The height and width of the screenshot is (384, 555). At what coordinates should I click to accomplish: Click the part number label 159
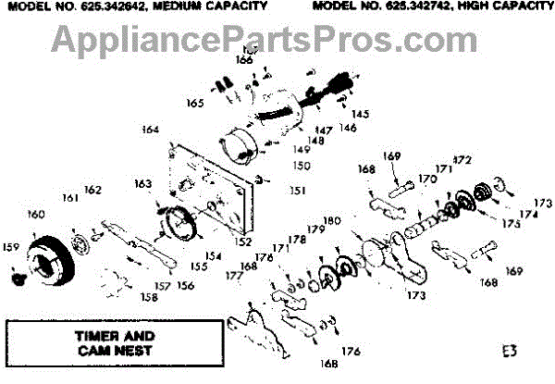point(11,247)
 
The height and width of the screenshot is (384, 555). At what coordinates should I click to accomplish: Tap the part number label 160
point(35,215)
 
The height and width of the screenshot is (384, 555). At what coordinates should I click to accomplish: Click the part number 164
point(151,130)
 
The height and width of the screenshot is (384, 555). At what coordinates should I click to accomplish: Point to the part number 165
point(194,102)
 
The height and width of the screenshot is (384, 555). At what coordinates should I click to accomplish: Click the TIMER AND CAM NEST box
point(115,342)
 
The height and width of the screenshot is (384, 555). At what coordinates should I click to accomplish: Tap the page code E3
point(511,352)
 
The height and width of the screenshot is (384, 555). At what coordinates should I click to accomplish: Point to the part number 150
point(301,166)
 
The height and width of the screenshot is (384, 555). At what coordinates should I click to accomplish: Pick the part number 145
point(360,114)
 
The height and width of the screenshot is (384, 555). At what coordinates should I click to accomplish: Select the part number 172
point(462,160)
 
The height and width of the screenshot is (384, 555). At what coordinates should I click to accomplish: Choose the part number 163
point(141,183)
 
